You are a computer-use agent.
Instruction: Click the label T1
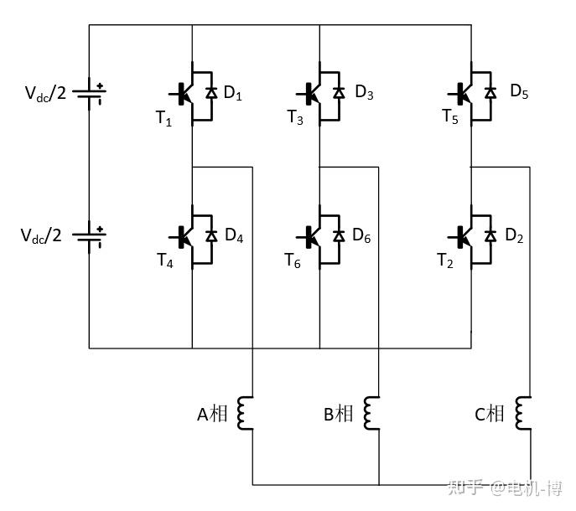point(163,118)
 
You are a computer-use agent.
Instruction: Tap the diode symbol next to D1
point(211,92)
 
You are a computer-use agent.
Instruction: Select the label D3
point(364,92)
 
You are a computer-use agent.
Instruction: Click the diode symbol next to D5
point(490,92)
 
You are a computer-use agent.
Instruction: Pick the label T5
point(450,116)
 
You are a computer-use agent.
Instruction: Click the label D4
point(234,235)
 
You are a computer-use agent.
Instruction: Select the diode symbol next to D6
point(339,235)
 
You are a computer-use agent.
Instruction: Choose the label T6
point(293,261)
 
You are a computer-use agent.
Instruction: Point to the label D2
point(514,235)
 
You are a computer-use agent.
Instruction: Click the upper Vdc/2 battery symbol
point(89,94)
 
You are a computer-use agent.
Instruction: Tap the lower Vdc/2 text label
point(41,235)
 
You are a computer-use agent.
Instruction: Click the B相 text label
point(339,414)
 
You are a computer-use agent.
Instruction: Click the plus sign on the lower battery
point(100,230)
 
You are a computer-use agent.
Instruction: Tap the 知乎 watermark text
point(465,488)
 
